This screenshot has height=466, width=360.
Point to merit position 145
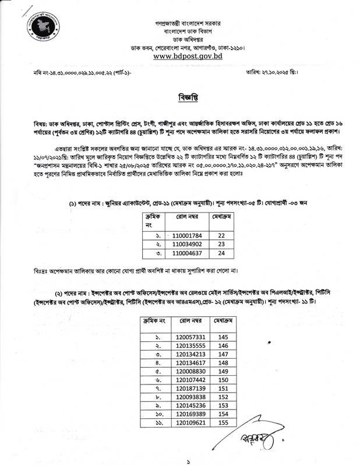tap(223, 337)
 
